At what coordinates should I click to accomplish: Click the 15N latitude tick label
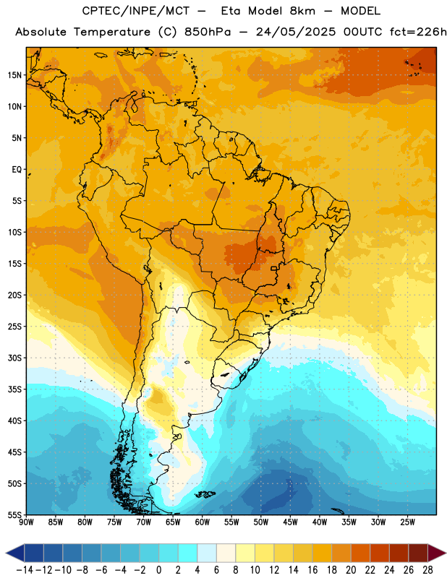click(x=14, y=75)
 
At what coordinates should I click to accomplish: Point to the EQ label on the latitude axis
click(x=17, y=170)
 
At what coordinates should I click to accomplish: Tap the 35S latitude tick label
click(x=14, y=389)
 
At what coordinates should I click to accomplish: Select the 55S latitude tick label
click(x=14, y=514)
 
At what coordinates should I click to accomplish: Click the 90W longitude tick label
click(x=26, y=522)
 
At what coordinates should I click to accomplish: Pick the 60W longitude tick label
click(x=203, y=522)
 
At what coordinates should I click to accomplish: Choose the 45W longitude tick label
click(x=290, y=522)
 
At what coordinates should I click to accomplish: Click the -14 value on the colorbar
click(x=25, y=570)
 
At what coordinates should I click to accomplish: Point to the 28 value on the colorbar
click(x=427, y=570)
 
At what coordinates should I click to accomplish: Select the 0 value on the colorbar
click(x=158, y=570)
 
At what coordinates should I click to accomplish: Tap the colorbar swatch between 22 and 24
click(x=380, y=553)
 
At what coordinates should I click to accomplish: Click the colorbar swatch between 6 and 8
click(x=226, y=553)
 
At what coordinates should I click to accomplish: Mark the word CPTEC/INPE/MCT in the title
click(x=135, y=11)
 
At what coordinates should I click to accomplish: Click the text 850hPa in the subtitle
click(x=208, y=32)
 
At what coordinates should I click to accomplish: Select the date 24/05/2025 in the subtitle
click(x=296, y=32)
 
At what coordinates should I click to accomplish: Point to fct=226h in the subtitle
click(x=418, y=32)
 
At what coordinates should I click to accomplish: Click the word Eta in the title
click(x=231, y=11)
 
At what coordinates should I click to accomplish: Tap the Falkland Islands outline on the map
click(x=205, y=494)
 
